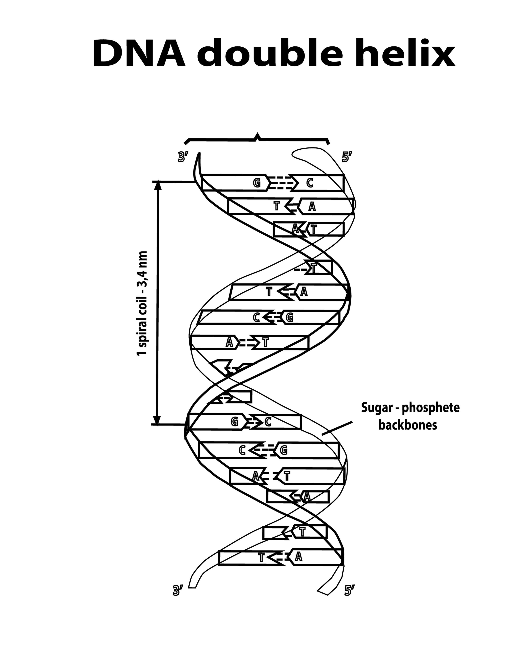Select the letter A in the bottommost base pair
tap(299, 556)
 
